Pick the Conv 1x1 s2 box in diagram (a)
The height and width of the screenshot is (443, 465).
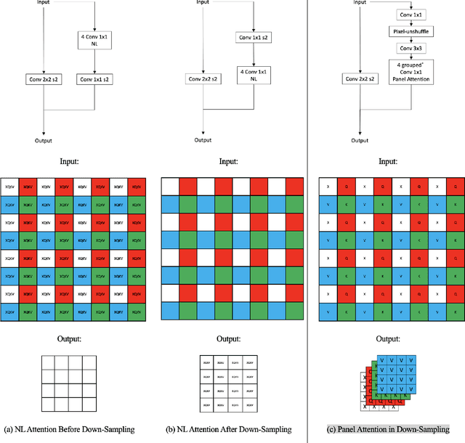pyautogui.click(x=96, y=78)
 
